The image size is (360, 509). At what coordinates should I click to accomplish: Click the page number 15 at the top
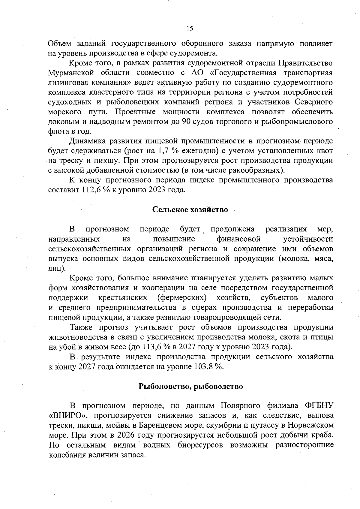[x=190, y=29]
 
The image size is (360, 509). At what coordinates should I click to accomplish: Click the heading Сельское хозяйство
[x=190, y=209]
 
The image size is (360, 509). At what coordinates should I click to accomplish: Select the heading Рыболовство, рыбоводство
[x=190, y=386]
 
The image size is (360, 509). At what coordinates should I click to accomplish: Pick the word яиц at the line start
[x=55, y=268]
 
